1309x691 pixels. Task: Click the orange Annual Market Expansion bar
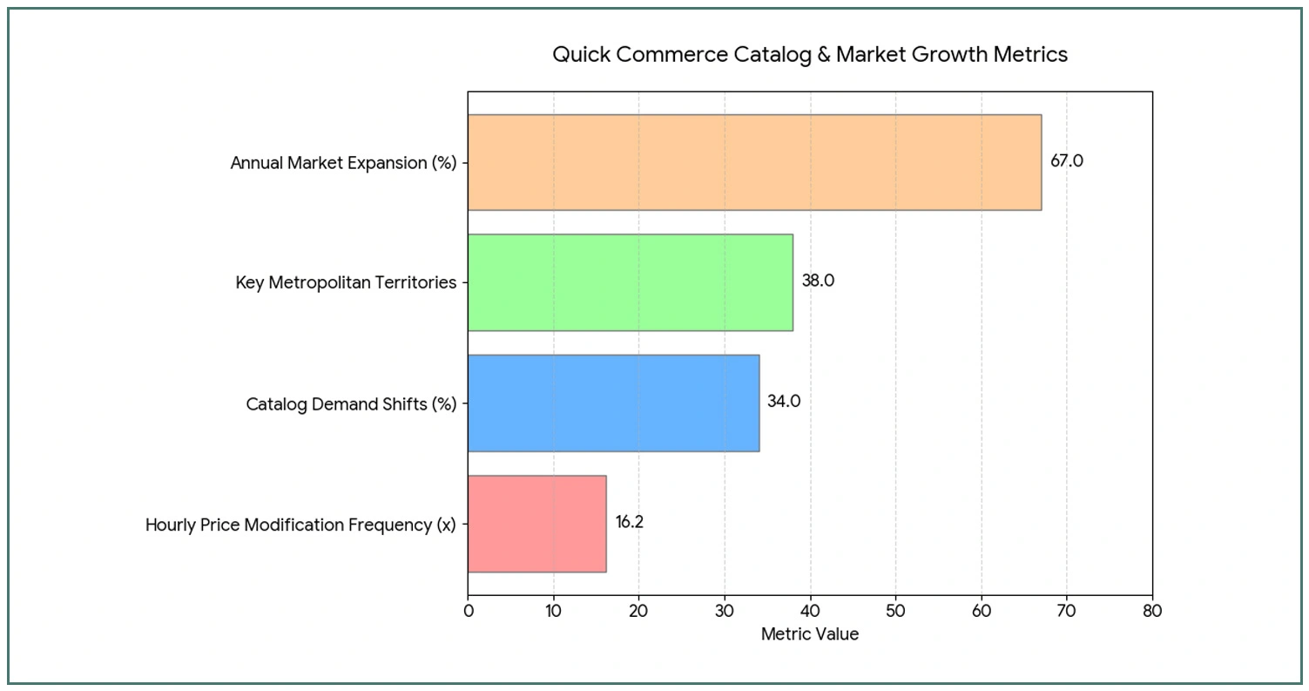754,162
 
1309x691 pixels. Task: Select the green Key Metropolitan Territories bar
630,282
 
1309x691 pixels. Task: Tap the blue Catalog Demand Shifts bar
613,403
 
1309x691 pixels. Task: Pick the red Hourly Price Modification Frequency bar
536,524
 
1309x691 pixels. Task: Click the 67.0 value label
1066,161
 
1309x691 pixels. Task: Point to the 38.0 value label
818,281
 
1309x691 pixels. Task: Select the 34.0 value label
784,402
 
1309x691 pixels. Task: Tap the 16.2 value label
630,523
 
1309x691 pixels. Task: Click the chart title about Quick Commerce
810,55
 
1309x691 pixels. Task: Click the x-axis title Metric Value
809,634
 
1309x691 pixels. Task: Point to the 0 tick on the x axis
469,611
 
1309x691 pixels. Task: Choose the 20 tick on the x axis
639,611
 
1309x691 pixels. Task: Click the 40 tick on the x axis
811,611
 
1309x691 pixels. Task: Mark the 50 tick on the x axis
896,611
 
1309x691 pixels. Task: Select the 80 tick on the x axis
1152,611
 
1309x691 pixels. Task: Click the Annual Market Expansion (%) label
343,163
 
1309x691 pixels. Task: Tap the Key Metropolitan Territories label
346,283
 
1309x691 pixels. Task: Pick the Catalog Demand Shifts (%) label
351,404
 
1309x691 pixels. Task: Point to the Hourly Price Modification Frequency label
300,525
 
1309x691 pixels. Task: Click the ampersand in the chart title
824,55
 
